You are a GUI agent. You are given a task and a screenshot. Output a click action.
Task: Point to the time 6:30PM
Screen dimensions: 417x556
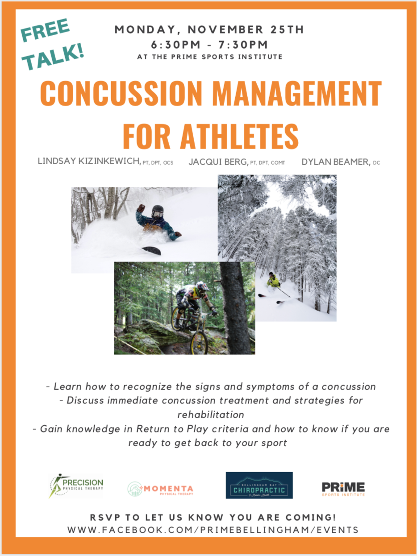click(x=175, y=45)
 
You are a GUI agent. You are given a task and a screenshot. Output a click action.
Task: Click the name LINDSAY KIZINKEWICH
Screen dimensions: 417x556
click(x=89, y=161)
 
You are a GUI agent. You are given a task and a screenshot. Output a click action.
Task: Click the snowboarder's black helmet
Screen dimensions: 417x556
click(x=158, y=211)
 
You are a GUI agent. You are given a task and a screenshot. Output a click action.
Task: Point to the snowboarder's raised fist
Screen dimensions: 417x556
click(x=141, y=208)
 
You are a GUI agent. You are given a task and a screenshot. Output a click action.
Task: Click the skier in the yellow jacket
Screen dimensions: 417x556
click(x=273, y=281)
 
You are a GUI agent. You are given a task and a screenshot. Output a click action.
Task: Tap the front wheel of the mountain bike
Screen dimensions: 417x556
click(x=200, y=342)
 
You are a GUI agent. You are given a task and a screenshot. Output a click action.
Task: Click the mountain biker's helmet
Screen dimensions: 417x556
click(x=202, y=287)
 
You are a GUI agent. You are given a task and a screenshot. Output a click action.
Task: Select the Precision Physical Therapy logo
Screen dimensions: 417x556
click(x=76, y=486)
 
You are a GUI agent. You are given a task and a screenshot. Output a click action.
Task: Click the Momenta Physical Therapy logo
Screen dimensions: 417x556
click(x=160, y=489)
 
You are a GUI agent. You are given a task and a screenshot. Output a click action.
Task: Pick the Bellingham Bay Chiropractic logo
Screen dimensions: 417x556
click(x=259, y=485)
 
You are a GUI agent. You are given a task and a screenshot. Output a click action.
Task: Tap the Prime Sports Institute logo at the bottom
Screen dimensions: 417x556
click(x=343, y=489)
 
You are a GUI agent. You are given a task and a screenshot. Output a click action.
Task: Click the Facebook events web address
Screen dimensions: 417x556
click(x=213, y=530)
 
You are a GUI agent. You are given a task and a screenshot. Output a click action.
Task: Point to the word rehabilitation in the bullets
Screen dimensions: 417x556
click(x=211, y=415)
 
